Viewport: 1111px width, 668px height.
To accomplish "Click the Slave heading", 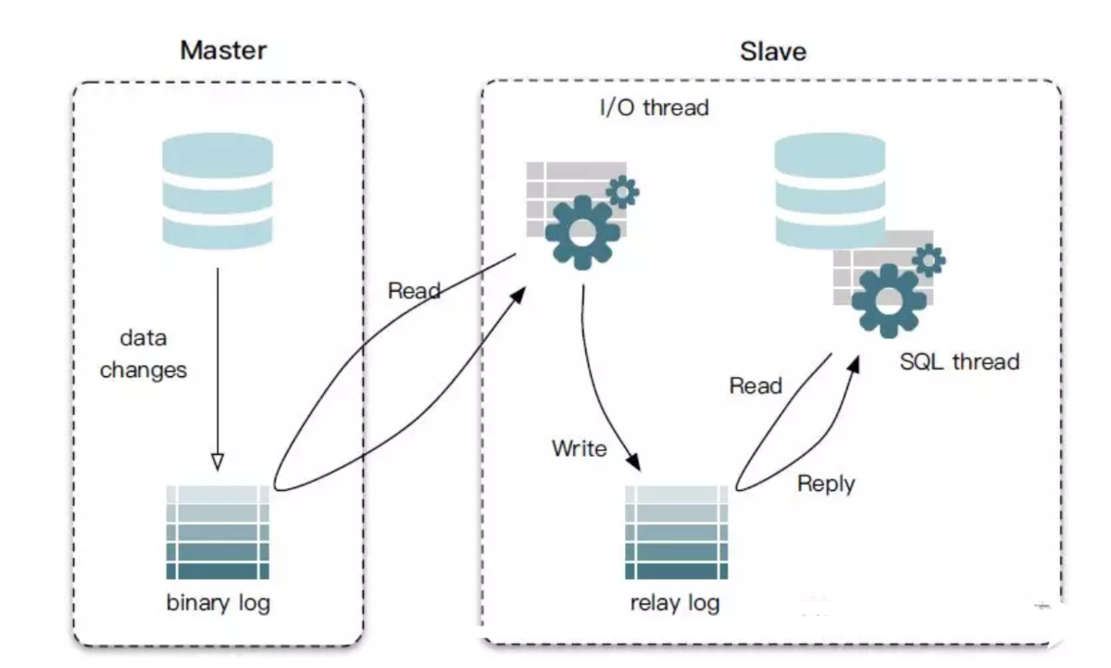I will (x=772, y=51).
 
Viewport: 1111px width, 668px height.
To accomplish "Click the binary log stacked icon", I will (x=218, y=532).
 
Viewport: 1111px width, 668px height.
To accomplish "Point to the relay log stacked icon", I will (x=677, y=532).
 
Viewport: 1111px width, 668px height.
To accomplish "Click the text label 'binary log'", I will (x=218, y=603).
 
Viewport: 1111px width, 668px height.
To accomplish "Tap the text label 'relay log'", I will (x=675, y=603).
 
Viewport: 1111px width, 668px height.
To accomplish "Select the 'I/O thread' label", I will (x=654, y=107).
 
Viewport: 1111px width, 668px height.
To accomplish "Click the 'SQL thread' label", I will (x=959, y=361).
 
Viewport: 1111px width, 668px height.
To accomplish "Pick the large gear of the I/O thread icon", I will (x=582, y=232).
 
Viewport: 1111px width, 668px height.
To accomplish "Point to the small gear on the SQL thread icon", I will (x=929, y=260).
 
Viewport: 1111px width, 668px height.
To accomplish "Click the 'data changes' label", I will (x=144, y=354).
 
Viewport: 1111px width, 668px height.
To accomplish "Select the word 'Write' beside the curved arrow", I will (x=580, y=448).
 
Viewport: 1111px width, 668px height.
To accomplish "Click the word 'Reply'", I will (x=826, y=483).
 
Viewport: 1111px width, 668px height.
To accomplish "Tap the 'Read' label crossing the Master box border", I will (x=414, y=291).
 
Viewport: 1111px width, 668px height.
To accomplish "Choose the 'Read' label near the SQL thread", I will (x=755, y=385).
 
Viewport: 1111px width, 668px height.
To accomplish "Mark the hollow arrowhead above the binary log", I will (x=218, y=460).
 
